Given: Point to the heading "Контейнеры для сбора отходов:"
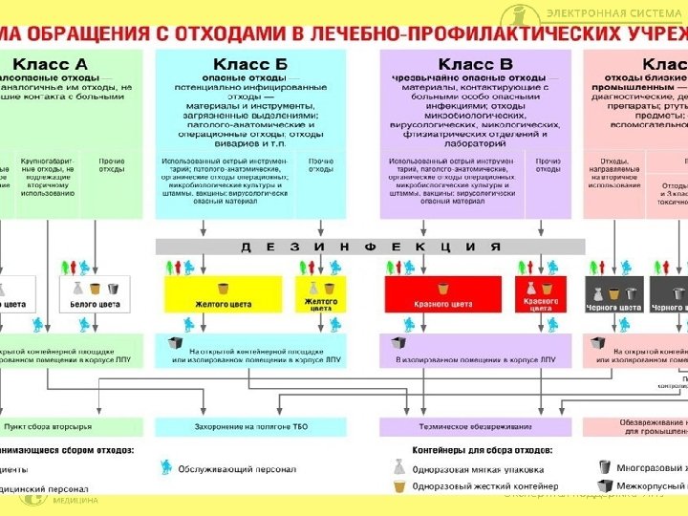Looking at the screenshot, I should coord(468,449).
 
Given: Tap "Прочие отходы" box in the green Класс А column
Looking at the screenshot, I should coord(112,165).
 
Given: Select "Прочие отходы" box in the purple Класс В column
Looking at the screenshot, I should coord(548,165).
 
